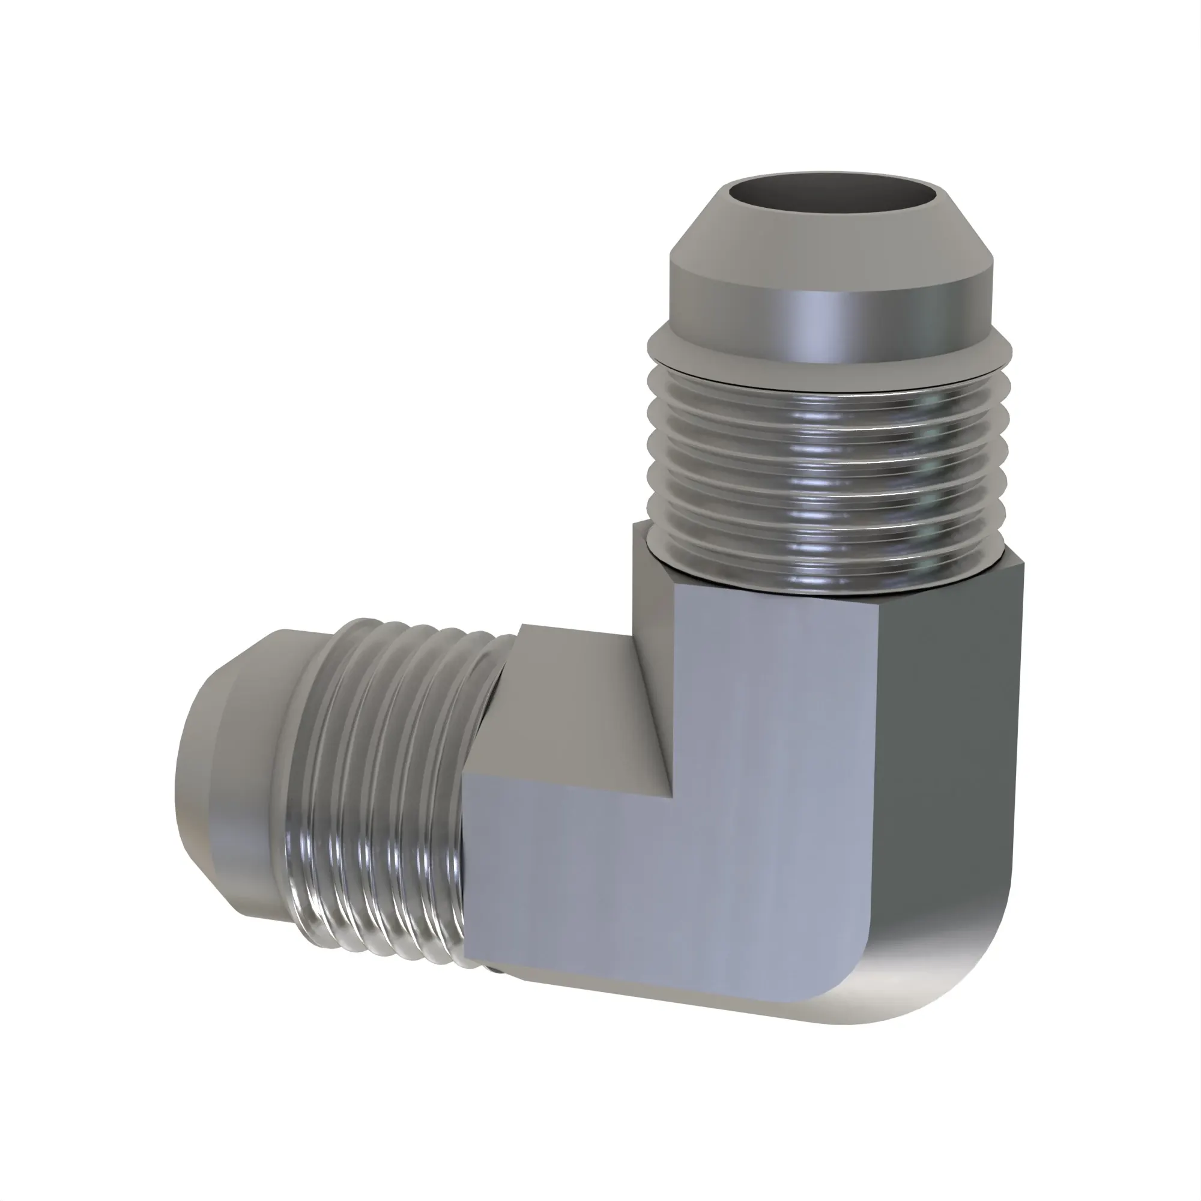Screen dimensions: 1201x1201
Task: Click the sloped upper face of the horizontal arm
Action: coord(578,696)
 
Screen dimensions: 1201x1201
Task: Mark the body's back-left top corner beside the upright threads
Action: coord(634,525)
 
